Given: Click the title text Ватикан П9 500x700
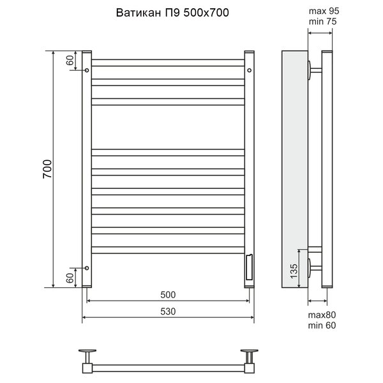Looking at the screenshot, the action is click(172, 13).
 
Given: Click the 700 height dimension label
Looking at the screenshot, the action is click(47, 169).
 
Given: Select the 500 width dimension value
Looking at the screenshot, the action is click(168, 295).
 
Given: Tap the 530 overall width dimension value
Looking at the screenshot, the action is click(168, 312).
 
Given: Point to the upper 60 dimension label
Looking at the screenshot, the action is click(70, 61).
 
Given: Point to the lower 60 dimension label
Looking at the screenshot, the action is click(70, 278).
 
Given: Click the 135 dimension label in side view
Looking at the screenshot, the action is click(294, 271).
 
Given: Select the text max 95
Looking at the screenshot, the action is click(324, 11).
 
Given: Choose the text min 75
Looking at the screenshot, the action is click(322, 22).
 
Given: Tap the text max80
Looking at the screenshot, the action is click(322, 315).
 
